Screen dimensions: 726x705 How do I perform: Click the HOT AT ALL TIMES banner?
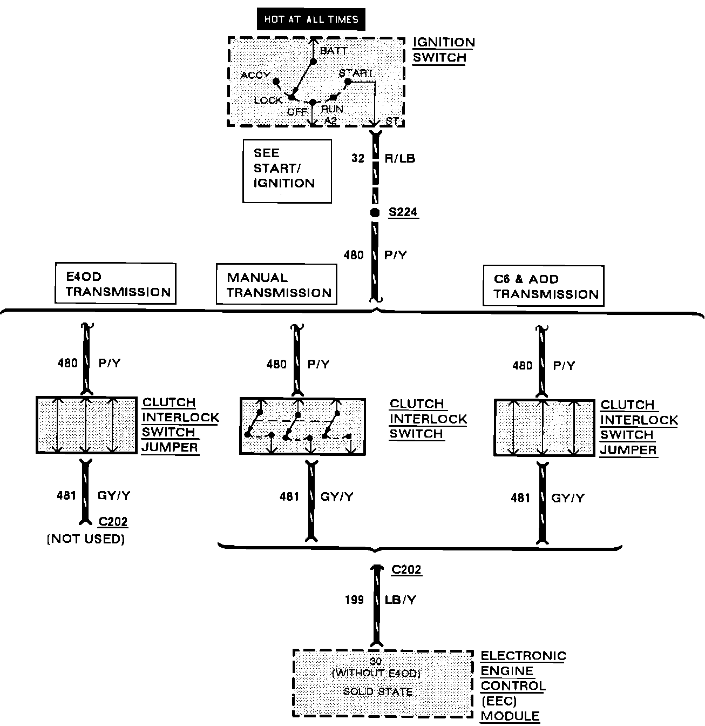(311, 20)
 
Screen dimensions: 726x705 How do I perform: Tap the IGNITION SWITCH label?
(444, 50)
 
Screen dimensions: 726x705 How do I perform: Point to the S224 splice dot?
(375, 213)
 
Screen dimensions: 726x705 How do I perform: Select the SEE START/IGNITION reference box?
(287, 171)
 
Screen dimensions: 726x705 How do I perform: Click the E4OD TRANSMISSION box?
(116, 284)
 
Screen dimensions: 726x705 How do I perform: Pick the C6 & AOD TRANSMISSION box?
(543, 286)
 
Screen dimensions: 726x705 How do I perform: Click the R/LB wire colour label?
(400, 159)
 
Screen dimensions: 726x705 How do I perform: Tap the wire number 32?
(358, 159)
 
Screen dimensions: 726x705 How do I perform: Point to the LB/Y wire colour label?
(401, 600)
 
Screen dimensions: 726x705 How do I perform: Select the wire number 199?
(354, 600)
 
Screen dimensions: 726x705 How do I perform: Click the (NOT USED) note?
(86, 539)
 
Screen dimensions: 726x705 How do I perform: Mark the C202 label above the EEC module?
(406, 569)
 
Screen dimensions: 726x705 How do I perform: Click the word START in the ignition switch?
(356, 72)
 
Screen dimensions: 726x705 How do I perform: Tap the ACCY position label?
(255, 75)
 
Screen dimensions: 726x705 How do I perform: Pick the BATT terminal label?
(334, 51)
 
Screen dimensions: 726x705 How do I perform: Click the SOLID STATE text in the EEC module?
(378, 691)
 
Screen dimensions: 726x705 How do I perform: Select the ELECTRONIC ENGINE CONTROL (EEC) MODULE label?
(523, 686)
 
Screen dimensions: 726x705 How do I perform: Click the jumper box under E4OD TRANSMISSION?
(86, 425)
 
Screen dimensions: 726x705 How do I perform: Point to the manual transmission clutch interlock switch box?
(302, 426)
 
